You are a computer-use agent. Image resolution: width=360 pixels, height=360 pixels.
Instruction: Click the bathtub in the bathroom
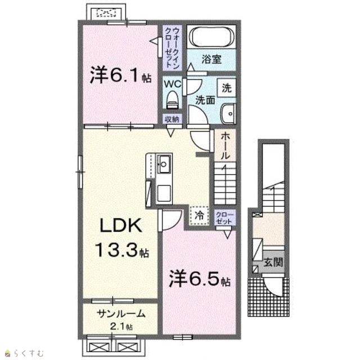(x=211, y=37)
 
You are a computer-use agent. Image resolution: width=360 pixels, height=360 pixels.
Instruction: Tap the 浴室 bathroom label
(x=211, y=59)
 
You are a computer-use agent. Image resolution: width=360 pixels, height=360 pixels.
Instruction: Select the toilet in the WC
(x=173, y=100)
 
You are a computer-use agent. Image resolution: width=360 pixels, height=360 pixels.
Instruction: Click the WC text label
(x=173, y=84)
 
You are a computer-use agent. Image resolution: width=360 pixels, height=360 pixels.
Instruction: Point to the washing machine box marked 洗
(x=227, y=88)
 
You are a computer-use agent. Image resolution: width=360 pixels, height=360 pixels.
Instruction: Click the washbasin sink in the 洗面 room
(x=228, y=114)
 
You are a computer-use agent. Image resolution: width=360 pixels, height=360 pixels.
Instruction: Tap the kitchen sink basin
(x=164, y=164)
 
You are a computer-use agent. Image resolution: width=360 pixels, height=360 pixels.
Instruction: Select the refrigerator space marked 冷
(x=199, y=215)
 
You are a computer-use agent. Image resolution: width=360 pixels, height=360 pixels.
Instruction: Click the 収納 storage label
(x=173, y=119)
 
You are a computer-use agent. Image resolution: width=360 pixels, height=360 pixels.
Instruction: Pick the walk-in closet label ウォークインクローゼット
(x=172, y=47)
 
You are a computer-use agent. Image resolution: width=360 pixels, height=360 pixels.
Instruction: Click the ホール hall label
(x=225, y=146)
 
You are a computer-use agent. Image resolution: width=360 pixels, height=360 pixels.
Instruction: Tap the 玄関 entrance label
(x=273, y=262)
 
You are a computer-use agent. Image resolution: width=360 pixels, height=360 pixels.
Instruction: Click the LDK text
(x=120, y=225)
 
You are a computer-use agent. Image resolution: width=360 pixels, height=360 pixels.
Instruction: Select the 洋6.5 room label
(x=199, y=279)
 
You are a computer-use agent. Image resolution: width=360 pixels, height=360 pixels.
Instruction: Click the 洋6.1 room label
(x=121, y=75)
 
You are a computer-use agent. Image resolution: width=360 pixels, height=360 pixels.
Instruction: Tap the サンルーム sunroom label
(x=121, y=313)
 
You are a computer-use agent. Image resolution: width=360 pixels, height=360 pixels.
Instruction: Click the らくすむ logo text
(x=29, y=353)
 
